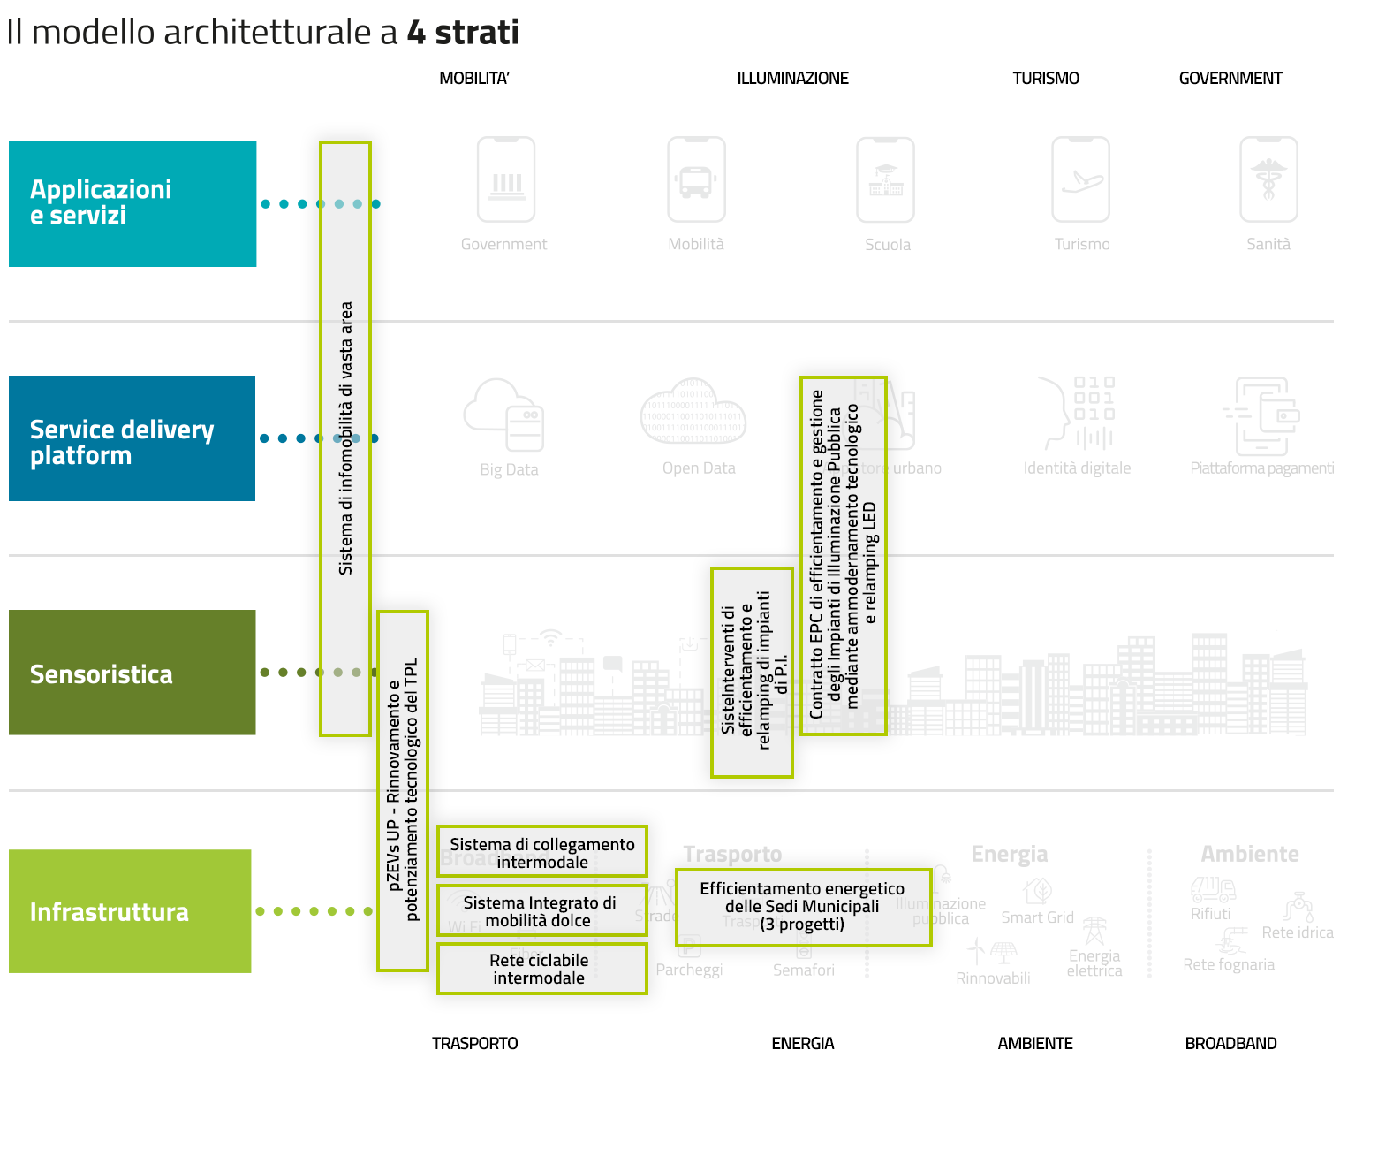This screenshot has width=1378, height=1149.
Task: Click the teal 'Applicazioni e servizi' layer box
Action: pos(132,203)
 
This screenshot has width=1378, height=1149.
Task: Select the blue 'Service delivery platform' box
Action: pos(132,438)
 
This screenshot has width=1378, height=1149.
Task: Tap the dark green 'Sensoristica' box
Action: pos(132,673)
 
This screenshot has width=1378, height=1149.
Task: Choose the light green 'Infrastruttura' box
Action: pos(130,911)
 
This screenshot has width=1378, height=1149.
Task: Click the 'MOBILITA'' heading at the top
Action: pos(474,79)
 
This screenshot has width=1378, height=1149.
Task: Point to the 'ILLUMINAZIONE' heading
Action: pos(792,79)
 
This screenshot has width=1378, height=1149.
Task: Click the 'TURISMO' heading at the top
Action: pos(1046,79)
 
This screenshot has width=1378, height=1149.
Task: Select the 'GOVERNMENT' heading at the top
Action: pos(1230,79)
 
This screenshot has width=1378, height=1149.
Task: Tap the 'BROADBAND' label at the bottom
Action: pos(1230,1044)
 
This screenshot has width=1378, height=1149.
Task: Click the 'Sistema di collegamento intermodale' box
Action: pos(542,852)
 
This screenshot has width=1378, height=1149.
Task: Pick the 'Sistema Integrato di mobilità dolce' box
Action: pos(542,911)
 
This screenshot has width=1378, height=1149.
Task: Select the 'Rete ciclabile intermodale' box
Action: pos(542,969)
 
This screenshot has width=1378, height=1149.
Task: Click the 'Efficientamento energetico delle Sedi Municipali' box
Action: pos(803,908)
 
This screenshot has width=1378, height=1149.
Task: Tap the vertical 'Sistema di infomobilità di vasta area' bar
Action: pos(345,438)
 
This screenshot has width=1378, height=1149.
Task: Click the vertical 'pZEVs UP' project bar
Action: pos(403,791)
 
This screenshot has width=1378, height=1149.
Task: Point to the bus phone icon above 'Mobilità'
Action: pos(696,179)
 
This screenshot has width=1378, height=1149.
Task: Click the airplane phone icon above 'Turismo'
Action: pos(1081,179)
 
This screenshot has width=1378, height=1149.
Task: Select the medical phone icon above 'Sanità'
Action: pos(1268,179)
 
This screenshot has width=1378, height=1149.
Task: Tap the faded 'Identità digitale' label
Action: pos(1077,468)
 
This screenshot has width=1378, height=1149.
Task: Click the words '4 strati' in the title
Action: pos(463,33)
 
